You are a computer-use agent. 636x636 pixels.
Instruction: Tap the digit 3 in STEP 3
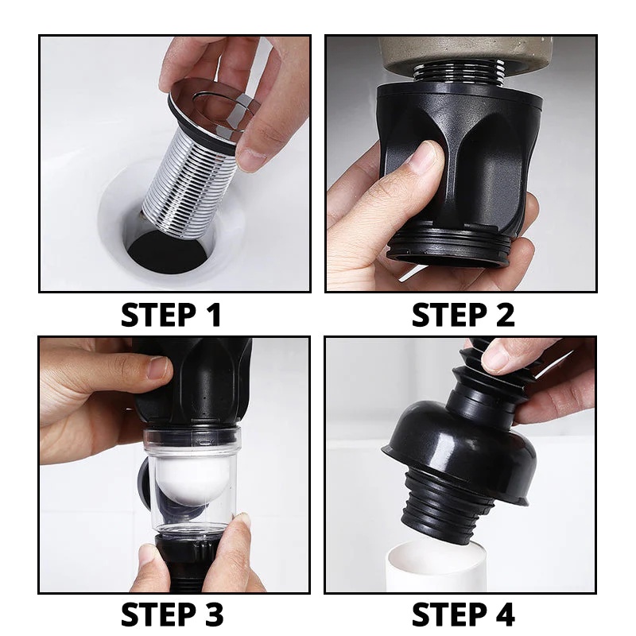coord(212,615)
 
